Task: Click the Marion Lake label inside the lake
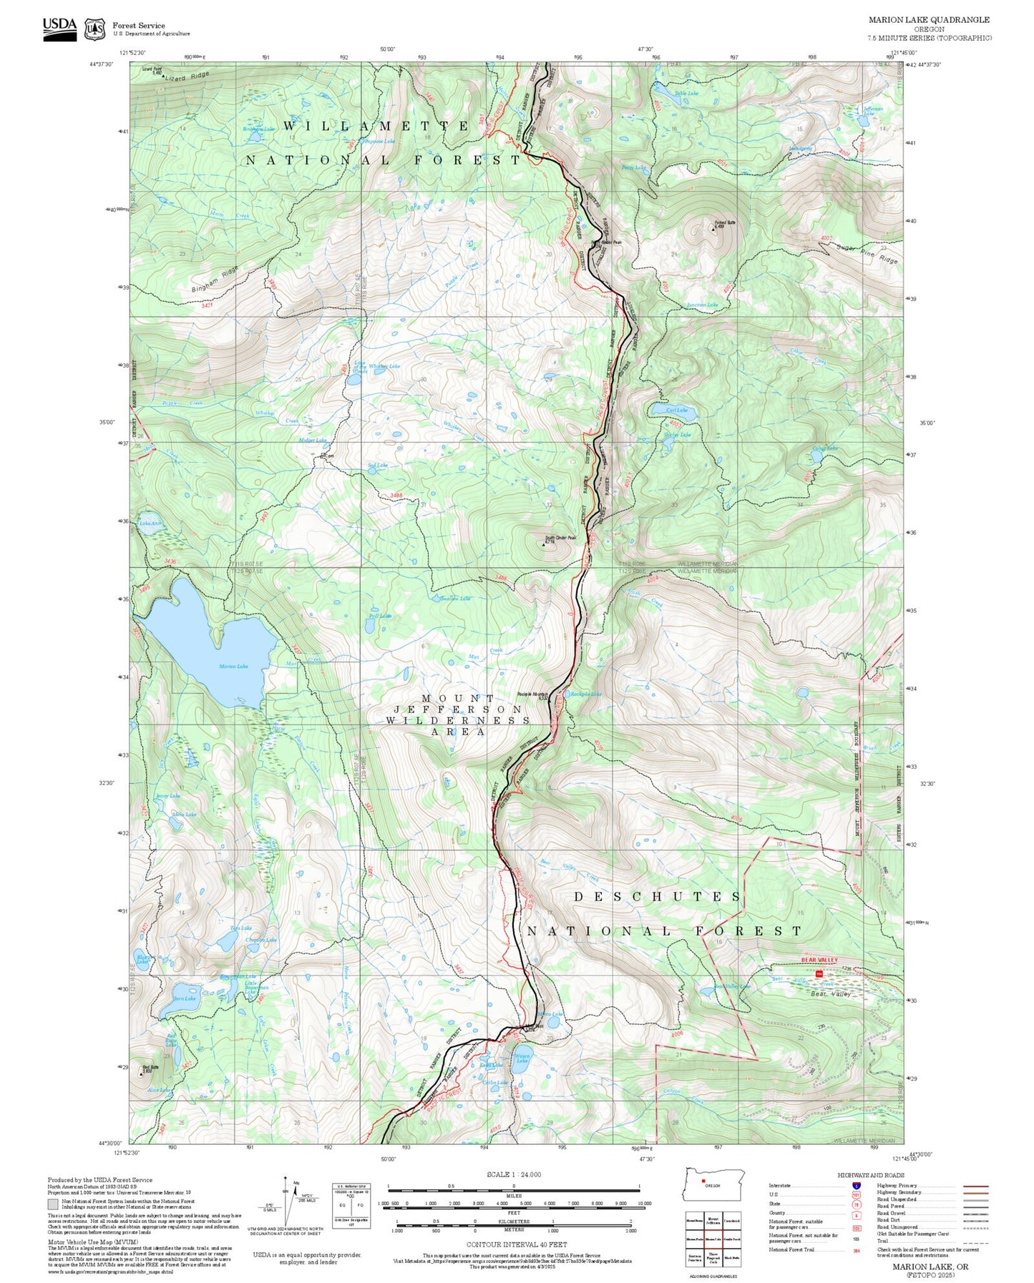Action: click(x=233, y=666)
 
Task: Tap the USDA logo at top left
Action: click(x=59, y=29)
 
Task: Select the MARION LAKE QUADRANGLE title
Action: click(x=929, y=20)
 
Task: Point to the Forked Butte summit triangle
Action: click(x=713, y=230)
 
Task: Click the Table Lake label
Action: click(x=686, y=93)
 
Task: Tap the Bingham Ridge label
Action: click(x=214, y=278)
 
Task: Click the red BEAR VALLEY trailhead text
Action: click(x=819, y=960)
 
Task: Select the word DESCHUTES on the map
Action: click(x=658, y=897)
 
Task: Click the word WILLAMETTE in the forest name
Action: click(x=376, y=126)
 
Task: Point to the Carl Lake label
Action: click(x=676, y=410)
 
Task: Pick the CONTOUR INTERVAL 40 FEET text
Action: click(x=513, y=1245)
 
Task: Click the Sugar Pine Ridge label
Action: click(x=867, y=253)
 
